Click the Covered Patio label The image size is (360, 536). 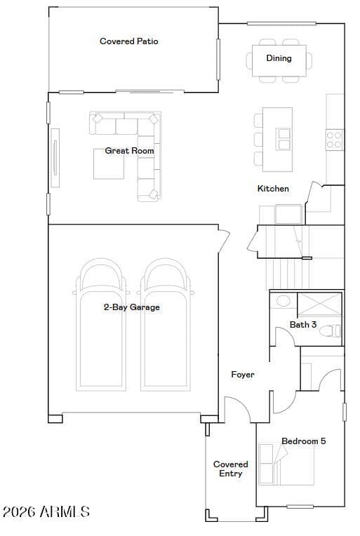129,41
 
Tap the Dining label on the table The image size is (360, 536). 279,58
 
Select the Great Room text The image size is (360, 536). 129,150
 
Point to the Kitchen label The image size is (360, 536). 273,188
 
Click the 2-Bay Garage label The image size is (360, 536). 132,307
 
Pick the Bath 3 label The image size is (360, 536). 303,324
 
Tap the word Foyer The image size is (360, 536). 243,375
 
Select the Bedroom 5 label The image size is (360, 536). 304,441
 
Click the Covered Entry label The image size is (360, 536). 231,469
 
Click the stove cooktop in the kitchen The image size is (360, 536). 334,140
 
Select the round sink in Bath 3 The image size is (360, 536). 283,301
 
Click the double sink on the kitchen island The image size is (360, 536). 284,139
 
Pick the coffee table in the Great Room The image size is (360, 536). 109,163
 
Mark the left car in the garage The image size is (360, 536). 101,324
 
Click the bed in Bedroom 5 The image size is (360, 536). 286,465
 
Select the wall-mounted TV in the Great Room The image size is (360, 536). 55,158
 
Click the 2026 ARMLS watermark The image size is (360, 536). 46,511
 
